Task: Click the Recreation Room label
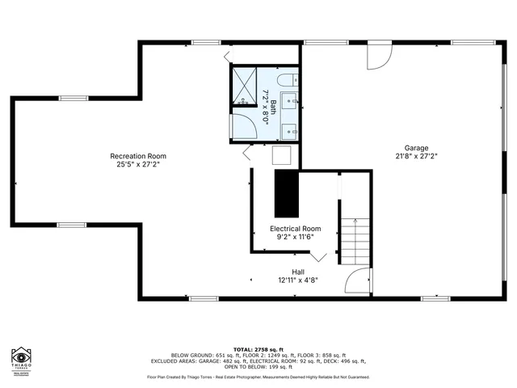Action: pyautogui.click(x=138, y=156)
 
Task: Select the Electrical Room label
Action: pyautogui.click(x=295, y=229)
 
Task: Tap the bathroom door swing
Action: pyautogui.click(x=240, y=128)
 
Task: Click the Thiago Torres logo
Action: pyautogui.click(x=22, y=360)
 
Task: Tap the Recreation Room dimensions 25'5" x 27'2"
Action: pyautogui.click(x=138, y=164)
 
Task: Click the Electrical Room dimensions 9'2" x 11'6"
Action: pyautogui.click(x=295, y=237)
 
